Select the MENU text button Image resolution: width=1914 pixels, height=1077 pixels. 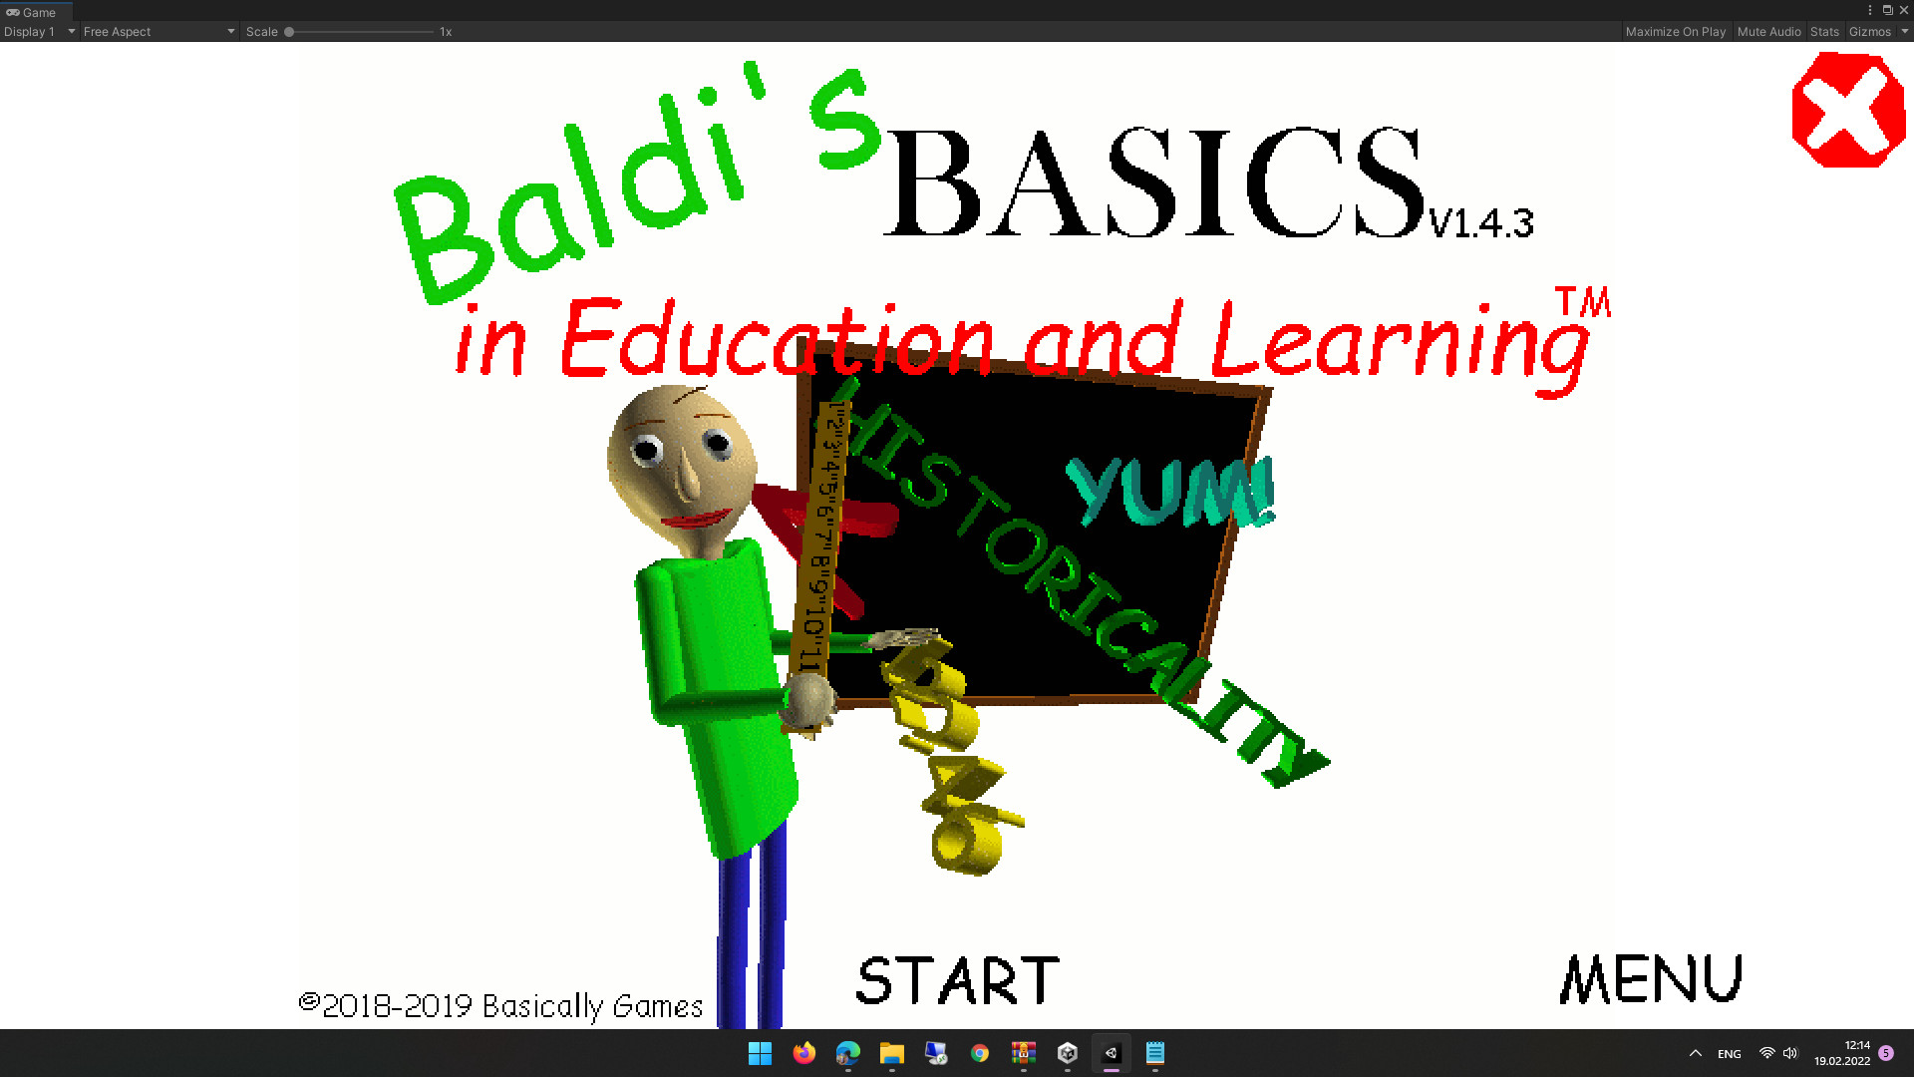(x=1651, y=979)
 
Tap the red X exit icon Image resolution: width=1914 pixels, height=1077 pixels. (x=1848, y=110)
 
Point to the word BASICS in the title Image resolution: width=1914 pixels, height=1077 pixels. (x=1156, y=183)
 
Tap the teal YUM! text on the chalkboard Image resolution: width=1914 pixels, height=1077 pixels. (x=1171, y=492)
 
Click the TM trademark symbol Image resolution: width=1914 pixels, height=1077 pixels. (x=1583, y=302)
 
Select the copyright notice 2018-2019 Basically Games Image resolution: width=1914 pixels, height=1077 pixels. (x=501, y=1005)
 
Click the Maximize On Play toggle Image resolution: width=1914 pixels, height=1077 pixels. (x=1675, y=32)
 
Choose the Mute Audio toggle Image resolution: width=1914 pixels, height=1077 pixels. (x=1768, y=32)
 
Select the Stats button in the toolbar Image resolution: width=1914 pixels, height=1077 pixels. (x=1824, y=32)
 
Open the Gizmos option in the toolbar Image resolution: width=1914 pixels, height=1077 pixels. (x=1870, y=32)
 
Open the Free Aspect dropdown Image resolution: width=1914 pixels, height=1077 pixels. (x=159, y=32)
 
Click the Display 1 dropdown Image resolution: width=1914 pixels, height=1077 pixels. (x=39, y=32)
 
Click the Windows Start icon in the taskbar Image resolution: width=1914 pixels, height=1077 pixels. (x=760, y=1053)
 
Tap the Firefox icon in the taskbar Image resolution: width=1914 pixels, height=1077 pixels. (x=803, y=1053)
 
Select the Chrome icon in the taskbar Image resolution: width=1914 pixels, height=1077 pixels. (x=980, y=1053)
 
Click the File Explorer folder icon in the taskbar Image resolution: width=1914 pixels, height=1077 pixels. (x=891, y=1053)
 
